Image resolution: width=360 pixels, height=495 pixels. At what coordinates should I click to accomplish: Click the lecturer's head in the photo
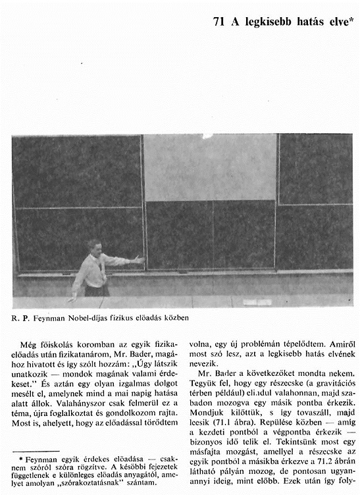click(94, 247)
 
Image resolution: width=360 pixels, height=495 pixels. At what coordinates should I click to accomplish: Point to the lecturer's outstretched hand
click(139, 260)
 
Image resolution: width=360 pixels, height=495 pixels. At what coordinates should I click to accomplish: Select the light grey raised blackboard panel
click(210, 167)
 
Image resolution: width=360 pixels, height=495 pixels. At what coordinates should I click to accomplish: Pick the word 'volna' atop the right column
click(201, 343)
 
